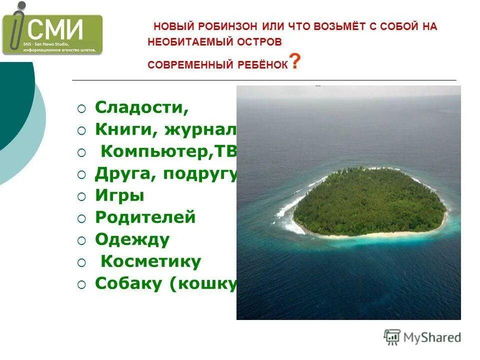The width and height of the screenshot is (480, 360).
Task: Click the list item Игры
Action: (x=119, y=195)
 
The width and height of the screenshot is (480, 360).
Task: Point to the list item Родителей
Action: (x=145, y=217)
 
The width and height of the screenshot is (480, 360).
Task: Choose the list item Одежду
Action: (x=132, y=239)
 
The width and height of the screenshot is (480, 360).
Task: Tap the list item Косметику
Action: (x=150, y=261)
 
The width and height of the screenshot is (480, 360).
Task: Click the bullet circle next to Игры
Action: (x=82, y=196)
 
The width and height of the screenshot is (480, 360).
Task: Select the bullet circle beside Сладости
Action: (x=82, y=108)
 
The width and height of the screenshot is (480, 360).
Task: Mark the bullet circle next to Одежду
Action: (x=82, y=240)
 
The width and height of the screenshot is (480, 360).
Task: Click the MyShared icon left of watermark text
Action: (x=392, y=337)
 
